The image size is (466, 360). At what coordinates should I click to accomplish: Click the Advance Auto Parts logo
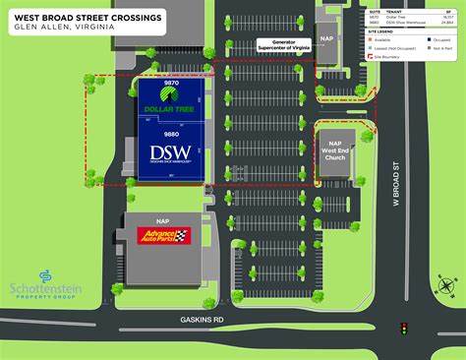(x=163, y=236)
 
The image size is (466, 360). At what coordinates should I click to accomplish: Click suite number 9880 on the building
(x=170, y=133)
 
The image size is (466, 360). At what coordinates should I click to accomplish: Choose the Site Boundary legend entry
(x=390, y=57)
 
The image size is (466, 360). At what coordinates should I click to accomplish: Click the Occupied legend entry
(x=437, y=40)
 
